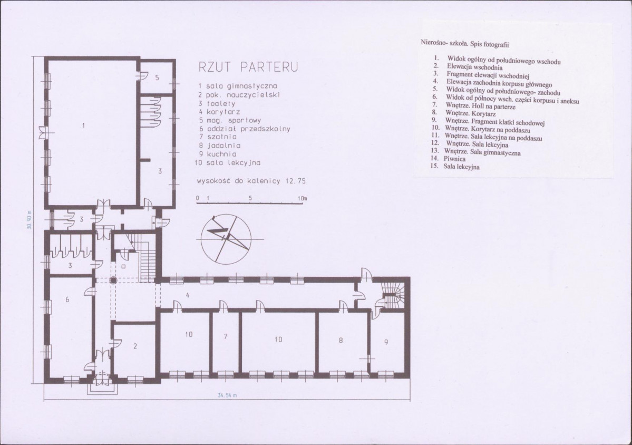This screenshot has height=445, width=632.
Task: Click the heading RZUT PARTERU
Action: [248, 67]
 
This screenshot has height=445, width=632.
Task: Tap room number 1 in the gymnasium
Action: [83, 125]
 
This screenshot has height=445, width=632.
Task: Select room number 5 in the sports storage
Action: [157, 78]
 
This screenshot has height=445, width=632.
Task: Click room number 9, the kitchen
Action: [386, 342]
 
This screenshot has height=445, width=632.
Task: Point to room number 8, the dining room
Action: [341, 340]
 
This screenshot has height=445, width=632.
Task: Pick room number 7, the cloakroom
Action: [226, 336]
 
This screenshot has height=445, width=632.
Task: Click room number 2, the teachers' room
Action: [135, 346]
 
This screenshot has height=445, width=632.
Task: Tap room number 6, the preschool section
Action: [67, 299]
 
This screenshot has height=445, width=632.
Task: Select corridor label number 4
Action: [188, 295]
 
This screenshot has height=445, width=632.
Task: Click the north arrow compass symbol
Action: [226, 237]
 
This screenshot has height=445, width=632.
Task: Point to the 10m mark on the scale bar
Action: [303, 198]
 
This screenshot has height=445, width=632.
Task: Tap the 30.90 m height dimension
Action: [29, 220]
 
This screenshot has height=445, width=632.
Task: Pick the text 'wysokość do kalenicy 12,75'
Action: [251, 181]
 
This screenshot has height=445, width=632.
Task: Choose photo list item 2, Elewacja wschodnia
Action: [468, 67]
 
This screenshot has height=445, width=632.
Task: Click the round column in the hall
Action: [113, 280]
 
